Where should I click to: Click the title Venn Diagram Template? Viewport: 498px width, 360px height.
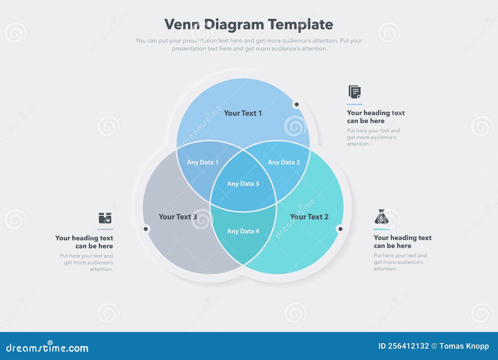248,24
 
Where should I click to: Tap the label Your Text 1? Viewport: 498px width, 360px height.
243,113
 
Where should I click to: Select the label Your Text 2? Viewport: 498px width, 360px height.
309,217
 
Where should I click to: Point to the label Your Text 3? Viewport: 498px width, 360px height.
178,217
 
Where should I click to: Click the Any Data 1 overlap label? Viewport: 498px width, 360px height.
203,162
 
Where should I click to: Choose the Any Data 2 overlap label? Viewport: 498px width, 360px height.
284,162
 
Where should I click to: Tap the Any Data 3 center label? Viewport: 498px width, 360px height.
243,184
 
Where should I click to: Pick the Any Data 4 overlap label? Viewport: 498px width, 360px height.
243,231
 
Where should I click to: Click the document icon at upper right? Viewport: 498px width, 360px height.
355,92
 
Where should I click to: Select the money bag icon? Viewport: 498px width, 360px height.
382,217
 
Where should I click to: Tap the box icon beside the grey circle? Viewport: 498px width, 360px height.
105,218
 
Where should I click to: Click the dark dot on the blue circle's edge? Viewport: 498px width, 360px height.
297,105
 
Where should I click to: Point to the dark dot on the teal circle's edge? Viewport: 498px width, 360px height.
340,229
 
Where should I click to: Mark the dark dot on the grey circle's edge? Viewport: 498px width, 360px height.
146,229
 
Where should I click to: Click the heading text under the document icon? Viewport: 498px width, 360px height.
376,117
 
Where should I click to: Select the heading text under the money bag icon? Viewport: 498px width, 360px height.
402,242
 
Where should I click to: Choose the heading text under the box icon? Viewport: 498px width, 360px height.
84,242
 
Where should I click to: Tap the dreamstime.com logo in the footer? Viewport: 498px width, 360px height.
47,348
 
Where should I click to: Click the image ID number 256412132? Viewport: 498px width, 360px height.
408,346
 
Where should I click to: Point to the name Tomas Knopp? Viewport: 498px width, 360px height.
464,346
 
